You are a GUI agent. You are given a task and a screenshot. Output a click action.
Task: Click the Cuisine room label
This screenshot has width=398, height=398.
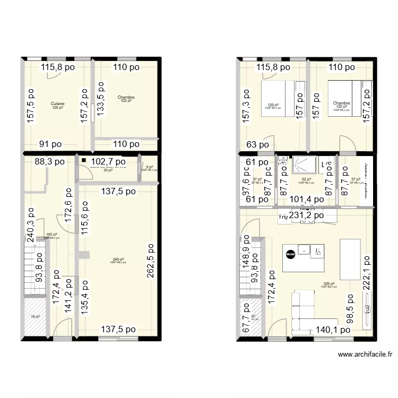(x=58, y=103)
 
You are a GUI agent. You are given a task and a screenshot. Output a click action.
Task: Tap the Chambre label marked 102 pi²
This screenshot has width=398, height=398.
(x=126, y=98)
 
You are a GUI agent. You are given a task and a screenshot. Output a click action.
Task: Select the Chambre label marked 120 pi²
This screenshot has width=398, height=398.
(x=341, y=103)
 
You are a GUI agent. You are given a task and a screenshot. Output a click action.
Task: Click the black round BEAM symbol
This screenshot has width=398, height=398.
(x=290, y=255)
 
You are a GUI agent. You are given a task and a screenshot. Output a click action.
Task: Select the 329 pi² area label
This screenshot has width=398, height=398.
(x=328, y=284)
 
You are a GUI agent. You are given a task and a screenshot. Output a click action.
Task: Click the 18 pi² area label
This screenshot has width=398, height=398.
(x=35, y=316)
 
